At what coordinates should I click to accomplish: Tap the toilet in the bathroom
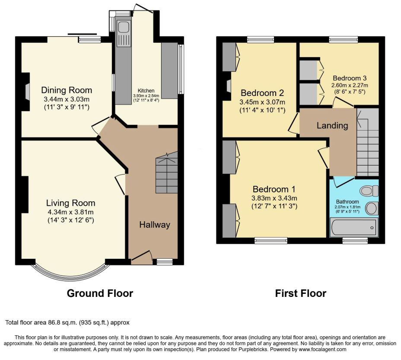point(369,191)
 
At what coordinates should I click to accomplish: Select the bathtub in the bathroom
point(354,227)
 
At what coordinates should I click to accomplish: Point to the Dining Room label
point(67,90)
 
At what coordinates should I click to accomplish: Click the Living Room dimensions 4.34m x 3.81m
point(70,212)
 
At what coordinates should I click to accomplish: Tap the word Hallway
point(155,225)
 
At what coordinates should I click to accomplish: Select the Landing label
point(332,125)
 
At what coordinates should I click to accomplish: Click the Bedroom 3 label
point(350,78)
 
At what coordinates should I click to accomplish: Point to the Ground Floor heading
point(100,293)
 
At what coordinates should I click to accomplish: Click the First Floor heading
point(301,293)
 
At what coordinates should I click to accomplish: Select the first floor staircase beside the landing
point(367,142)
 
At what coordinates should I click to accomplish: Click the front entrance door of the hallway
point(141,257)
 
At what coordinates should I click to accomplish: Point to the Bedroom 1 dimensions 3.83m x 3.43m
point(274,198)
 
